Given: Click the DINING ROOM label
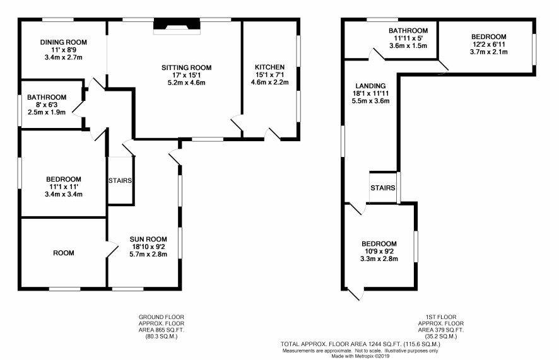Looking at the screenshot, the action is pyautogui.click(x=64, y=42).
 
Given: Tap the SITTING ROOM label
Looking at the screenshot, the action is pyautogui.click(x=187, y=67).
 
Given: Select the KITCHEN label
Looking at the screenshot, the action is pyautogui.click(x=270, y=67).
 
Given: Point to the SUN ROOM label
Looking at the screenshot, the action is pyautogui.click(x=148, y=240).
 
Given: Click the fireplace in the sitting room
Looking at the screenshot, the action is pyautogui.click(x=177, y=26).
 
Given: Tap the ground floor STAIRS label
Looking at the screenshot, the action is pyautogui.click(x=120, y=180).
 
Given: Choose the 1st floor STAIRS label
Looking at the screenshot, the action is pyautogui.click(x=383, y=188).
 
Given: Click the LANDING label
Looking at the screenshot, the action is pyautogui.click(x=371, y=86).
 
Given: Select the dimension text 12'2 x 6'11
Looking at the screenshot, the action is pyautogui.click(x=489, y=44).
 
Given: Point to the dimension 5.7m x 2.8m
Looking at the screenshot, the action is pyautogui.click(x=148, y=254).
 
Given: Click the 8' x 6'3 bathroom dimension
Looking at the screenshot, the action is pyautogui.click(x=47, y=105).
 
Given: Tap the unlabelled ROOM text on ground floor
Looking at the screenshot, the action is pyautogui.click(x=64, y=253).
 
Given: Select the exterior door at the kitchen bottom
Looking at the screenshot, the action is pyautogui.click(x=273, y=134).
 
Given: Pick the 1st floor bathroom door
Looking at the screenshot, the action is pyautogui.click(x=377, y=54).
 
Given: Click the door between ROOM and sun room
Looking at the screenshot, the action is pyautogui.click(x=112, y=248).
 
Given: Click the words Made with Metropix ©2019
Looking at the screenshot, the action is pyautogui.click(x=360, y=356).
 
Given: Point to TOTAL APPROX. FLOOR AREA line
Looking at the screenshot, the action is pyautogui.click(x=360, y=344).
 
